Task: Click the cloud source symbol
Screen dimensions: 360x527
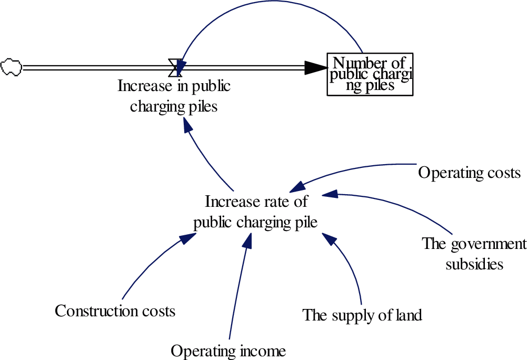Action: [x=11, y=67]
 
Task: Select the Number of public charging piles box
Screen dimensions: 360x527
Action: [x=370, y=74]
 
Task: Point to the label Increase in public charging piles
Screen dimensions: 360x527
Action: [x=174, y=96]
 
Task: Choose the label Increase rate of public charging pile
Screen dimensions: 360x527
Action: [x=256, y=212]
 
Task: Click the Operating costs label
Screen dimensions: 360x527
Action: [x=469, y=173]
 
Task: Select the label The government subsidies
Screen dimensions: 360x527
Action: [x=474, y=253]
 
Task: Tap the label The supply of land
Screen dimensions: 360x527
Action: [x=362, y=315]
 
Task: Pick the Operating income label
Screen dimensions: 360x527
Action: [x=228, y=351]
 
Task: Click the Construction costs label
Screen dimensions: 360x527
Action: [x=115, y=311]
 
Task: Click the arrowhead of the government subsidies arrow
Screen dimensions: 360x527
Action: [x=329, y=194]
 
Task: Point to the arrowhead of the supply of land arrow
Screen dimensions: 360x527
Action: [x=329, y=239]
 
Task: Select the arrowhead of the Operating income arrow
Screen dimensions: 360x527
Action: [x=247, y=239]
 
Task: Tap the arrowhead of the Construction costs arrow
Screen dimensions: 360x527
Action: [x=188, y=238]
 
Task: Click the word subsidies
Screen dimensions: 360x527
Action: [x=474, y=263]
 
